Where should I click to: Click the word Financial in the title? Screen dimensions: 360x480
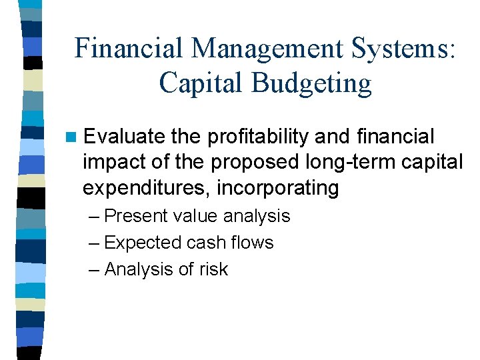coord(128,49)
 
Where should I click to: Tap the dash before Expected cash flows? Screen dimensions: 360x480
coord(93,243)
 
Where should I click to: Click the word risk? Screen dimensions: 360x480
coord(213,269)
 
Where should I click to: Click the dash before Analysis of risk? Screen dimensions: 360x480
coord(93,269)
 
